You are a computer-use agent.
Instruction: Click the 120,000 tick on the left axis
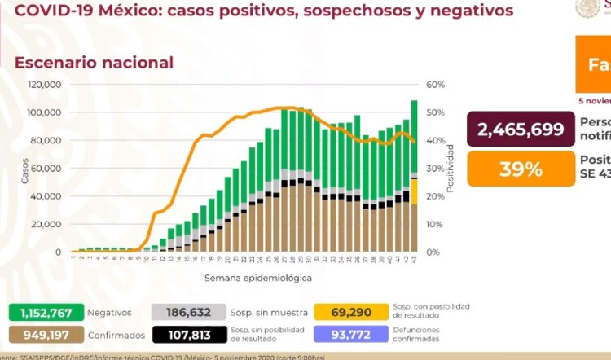tap(46, 85)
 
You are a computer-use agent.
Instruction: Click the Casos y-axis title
tap(24, 169)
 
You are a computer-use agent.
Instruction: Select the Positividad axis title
tap(451, 169)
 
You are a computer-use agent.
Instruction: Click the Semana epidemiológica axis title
tap(247, 278)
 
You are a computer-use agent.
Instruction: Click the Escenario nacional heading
tap(95, 63)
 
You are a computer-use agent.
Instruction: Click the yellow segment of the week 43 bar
tap(414, 191)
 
